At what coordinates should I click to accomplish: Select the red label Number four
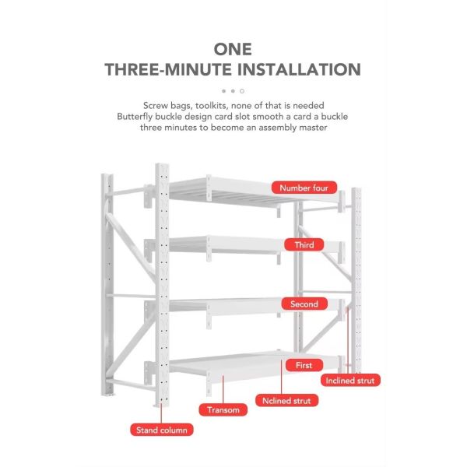point(304,188)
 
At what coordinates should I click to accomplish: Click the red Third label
point(304,245)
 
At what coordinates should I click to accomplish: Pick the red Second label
point(304,304)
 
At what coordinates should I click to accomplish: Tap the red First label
point(304,364)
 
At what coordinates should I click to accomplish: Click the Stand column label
point(163,430)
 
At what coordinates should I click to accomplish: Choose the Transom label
point(224,409)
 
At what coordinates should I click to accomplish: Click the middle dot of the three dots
point(233,91)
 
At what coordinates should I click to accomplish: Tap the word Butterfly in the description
point(136,116)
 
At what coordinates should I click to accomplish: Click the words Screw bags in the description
point(167,105)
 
